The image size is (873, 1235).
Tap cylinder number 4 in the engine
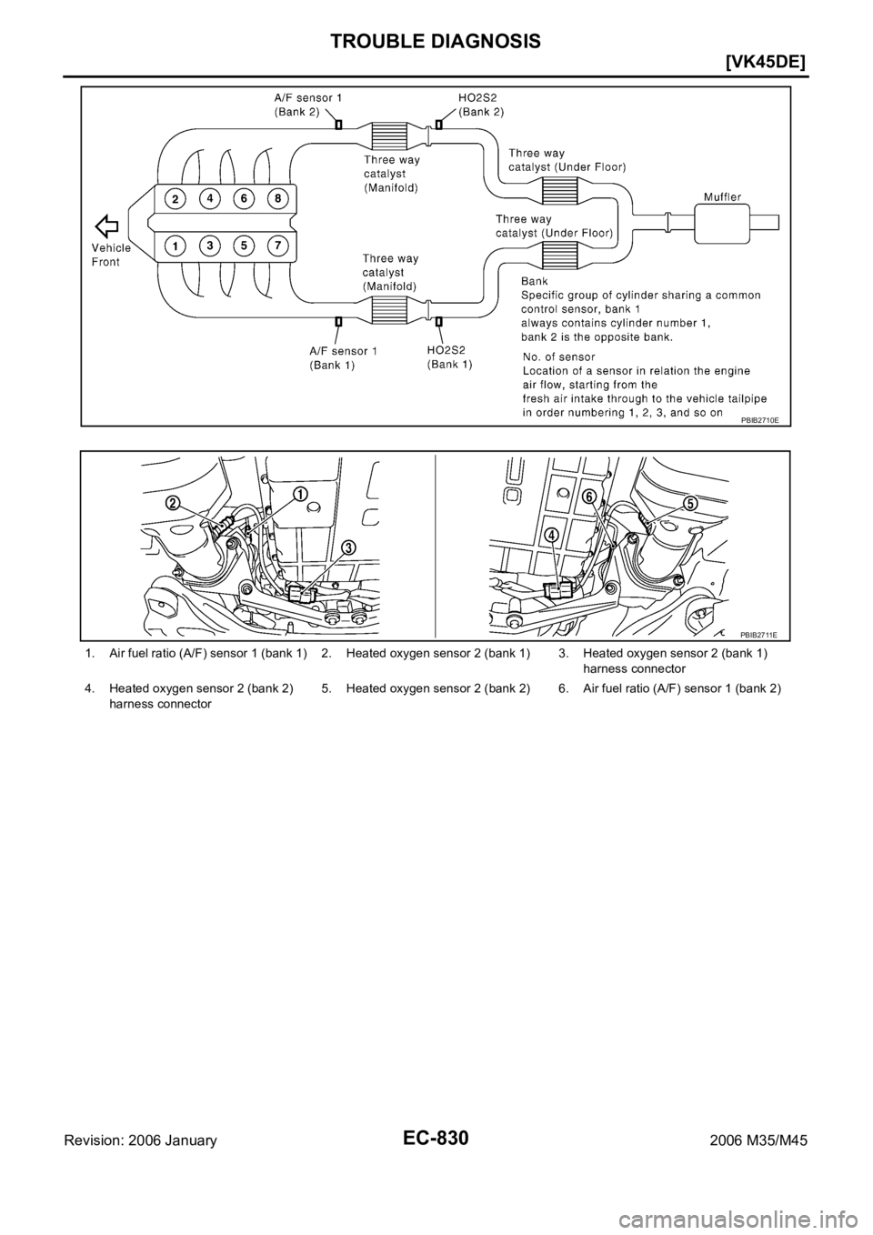pos(210,197)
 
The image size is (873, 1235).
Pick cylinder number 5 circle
pos(244,246)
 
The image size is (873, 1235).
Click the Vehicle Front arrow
pos(107,225)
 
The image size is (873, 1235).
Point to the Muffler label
pos(726,196)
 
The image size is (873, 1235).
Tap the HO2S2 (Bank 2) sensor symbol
pos(438,125)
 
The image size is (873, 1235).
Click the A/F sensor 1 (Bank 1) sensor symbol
pos(338,321)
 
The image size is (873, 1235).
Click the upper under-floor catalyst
pos(561,191)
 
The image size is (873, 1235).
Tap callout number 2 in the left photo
pos(171,503)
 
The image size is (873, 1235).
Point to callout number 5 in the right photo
pos(691,503)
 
